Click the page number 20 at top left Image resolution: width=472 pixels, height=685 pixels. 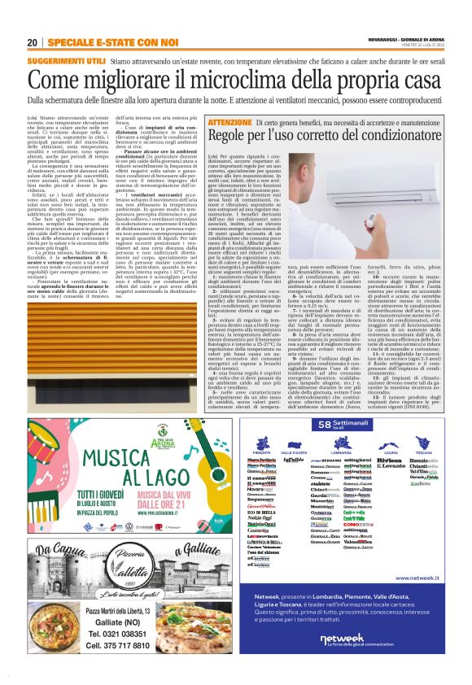[32, 42]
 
